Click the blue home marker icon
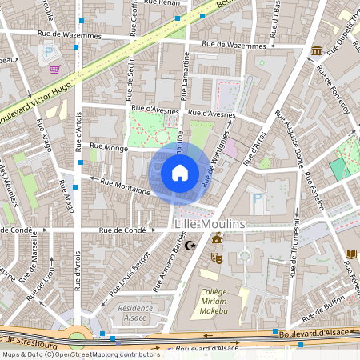[x=180, y=172]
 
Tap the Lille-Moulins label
[x=210, y=226]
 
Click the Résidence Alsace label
[x=134, y=312]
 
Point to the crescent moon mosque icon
[x=190, y=246]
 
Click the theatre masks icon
[x=215, y=258]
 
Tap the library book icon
[x=350, y=254]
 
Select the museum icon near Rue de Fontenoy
[x=317, y=51]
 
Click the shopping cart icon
[x=54, y=70]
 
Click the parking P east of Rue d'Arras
[x=257, y=198]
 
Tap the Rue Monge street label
[x=109, y=147]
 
